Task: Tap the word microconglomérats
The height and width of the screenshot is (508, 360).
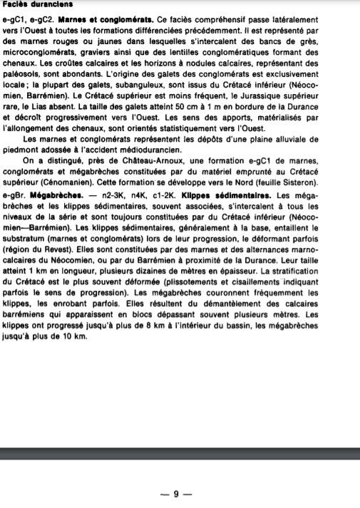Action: click(x=38, y=53)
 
